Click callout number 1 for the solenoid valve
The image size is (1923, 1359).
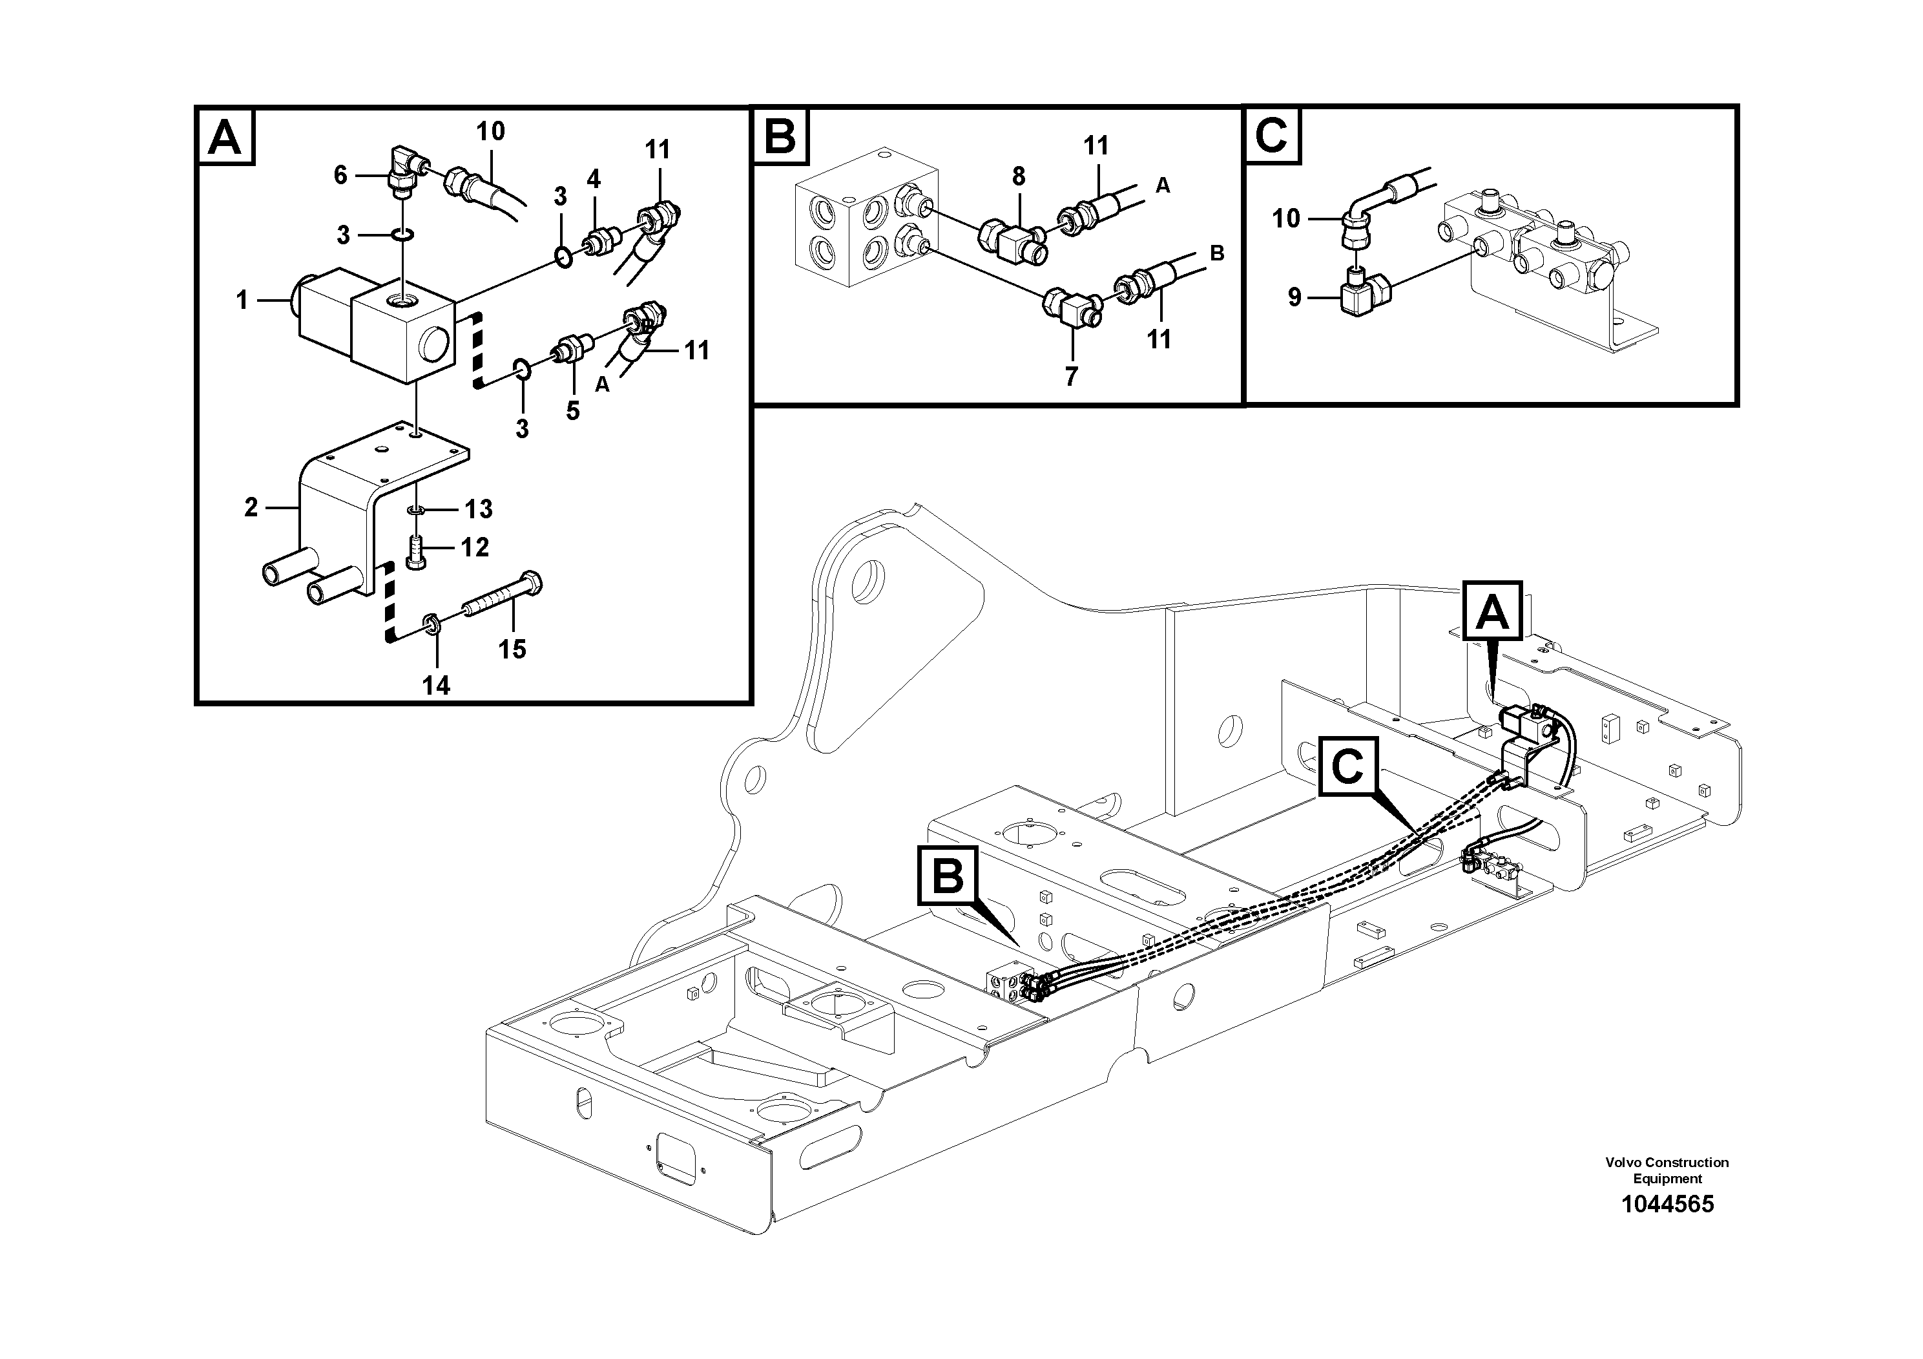(242, 299)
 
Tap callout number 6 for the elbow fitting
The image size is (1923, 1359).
(339, 175)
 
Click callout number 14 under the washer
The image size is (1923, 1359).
(435, 686)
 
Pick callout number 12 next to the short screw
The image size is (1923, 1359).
(475, 547)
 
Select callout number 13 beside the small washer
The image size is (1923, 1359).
(479, 509)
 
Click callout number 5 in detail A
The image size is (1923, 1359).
(572, 410)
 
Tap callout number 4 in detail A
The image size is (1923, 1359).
(593, 178)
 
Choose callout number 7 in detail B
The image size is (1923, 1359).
(1071, 376)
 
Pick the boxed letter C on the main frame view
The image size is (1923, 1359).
(1347, 766)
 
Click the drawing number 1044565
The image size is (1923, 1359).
(1667, 1205)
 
